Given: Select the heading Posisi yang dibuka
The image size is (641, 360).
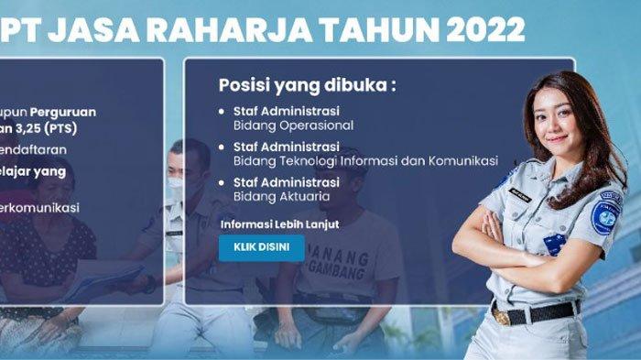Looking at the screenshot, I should tap(307, 85).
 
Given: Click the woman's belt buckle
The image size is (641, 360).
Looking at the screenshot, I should tap(502, 318).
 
